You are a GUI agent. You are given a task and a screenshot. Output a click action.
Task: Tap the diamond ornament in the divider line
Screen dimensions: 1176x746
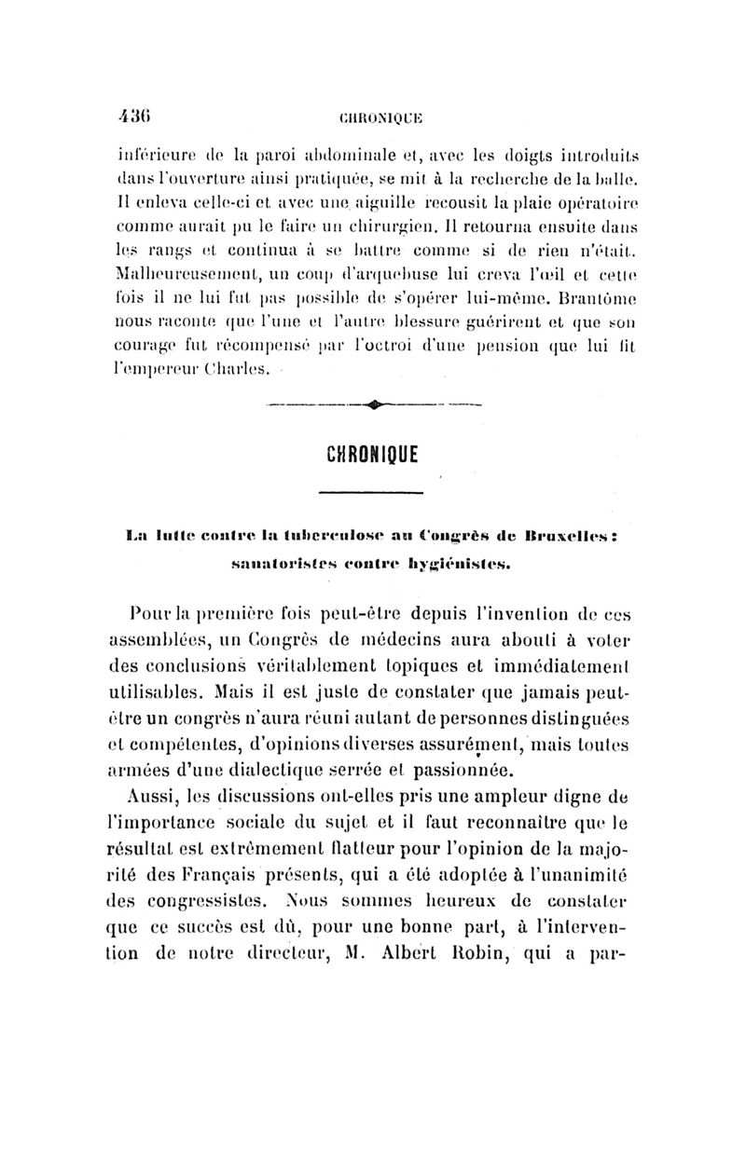(x=371, y=403)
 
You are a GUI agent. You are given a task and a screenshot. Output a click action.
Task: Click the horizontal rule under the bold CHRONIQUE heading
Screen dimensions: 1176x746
(x=371, y=491)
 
